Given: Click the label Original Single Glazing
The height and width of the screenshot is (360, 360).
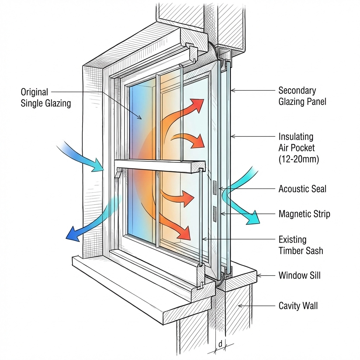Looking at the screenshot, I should (45, 98).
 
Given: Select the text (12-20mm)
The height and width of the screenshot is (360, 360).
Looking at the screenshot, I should (298, 159).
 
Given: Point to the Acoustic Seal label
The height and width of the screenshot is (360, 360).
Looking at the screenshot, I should (302, 189).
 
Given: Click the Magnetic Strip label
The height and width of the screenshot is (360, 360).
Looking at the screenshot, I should (304, 214).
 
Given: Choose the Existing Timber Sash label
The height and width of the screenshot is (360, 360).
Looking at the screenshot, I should (301, 245).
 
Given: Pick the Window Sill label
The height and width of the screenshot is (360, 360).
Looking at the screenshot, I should (300, 275).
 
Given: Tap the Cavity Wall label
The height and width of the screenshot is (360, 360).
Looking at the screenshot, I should (298, 306).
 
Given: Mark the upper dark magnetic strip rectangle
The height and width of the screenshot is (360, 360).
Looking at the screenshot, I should (214, 187).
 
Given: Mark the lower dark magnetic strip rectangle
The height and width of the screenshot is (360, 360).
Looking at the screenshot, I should (214, 214).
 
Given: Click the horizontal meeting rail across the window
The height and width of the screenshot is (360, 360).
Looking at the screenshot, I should (160, 165).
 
